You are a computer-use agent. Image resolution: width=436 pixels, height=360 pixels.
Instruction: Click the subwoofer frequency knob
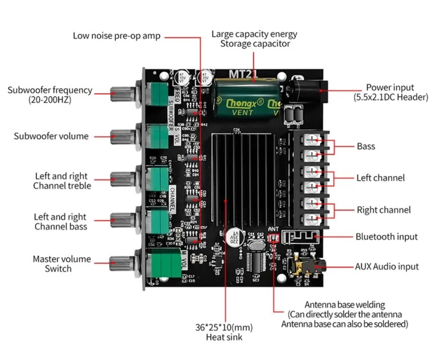click(120, 94)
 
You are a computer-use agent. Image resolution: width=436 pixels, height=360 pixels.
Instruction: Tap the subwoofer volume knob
click(120, 136)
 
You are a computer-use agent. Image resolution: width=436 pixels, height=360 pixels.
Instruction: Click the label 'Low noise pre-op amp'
click(117, 36)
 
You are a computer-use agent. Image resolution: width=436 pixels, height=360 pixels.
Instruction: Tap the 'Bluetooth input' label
click(386, 237)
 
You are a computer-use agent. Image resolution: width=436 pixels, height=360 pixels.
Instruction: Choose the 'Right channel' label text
click(384, 210)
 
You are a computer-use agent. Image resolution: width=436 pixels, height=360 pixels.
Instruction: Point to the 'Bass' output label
click(366, 146)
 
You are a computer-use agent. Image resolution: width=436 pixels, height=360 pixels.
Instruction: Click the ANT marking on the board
click(273, 229)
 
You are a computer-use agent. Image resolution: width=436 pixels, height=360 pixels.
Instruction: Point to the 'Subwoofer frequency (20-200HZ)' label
click(50, 95)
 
